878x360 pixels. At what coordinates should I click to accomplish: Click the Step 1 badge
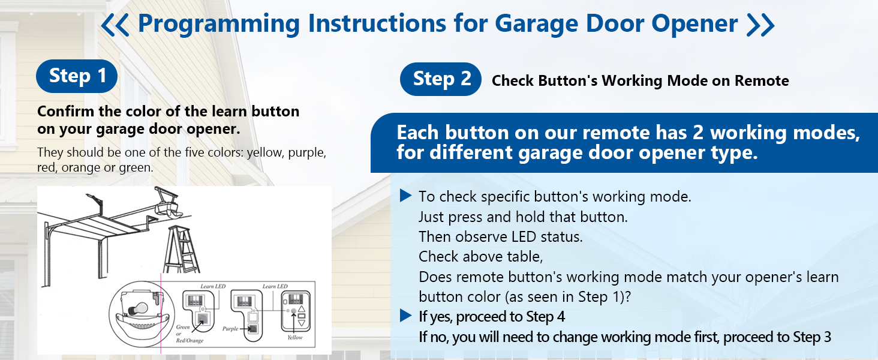[x=77, y=76]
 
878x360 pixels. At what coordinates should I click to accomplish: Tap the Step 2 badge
[x=441, y=79]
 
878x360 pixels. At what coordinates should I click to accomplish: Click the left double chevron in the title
[x=115, y=25]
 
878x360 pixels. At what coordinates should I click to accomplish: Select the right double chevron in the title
[x=760, y=25]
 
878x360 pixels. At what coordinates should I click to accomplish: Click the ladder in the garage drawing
[x=182, y=250]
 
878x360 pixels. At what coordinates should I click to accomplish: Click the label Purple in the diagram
[x=230, y=329]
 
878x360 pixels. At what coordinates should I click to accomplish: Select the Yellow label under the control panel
[x=294, y=337]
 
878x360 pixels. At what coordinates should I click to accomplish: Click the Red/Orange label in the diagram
[x=190, y=340]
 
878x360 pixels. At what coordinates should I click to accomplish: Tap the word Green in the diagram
[x=183, y=326]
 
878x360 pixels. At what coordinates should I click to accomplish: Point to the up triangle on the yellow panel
[x=302, y=308]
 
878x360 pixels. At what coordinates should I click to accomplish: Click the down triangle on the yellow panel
[x=302, y=323]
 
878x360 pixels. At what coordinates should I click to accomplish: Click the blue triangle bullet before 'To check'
[x=405, y=196]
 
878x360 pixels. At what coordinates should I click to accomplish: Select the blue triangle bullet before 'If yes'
[x=405, y=316]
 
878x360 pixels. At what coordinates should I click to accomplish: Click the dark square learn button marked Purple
[x=253, y=329]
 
